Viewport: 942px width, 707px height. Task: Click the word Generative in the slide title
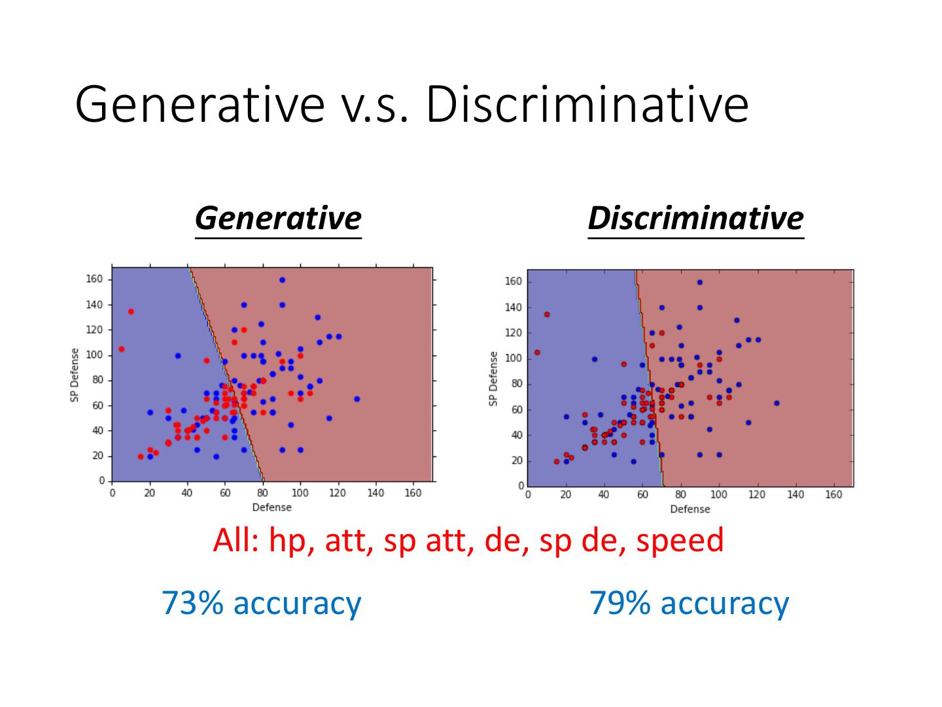(x=199, y=104)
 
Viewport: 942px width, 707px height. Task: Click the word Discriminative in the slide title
(x=587, y=104)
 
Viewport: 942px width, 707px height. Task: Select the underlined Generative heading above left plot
(x=278, y=218)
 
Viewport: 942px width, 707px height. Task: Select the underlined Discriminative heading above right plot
(x=695, y=218)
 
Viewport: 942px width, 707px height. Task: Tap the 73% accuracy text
(x=261, y=602)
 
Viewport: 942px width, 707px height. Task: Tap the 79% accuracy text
(x=689, y=602)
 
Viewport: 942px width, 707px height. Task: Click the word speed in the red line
(x=680, y=540)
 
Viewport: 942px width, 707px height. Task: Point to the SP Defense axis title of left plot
(x=75, y=375)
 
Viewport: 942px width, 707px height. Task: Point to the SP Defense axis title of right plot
(x=493, y=378)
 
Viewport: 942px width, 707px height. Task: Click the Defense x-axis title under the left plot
(x=271, y=507)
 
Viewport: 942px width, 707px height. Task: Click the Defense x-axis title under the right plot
(x=689, y=509)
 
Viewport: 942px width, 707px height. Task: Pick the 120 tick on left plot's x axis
(x=338, y=493)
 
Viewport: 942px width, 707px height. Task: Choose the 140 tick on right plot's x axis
(x=795, y=496)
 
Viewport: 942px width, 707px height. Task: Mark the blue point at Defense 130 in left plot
(x=357, y=399)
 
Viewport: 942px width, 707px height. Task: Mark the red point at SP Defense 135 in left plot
(x=131, y=312)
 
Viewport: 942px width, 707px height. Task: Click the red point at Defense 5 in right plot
(x=537, y=352)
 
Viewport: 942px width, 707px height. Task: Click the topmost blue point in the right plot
(x=699, y=282)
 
